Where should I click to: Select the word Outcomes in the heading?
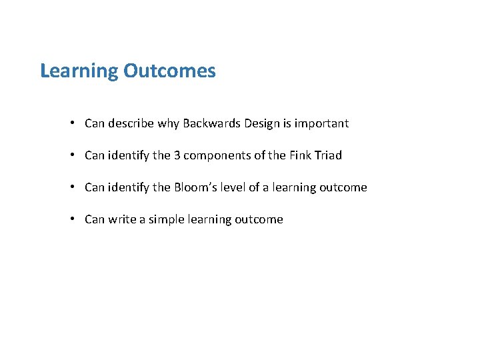(169, 71)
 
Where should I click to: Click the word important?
(321, 124)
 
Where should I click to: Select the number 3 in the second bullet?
(177, 155)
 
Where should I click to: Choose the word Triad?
(328, 155)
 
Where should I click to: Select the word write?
(122, 219)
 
